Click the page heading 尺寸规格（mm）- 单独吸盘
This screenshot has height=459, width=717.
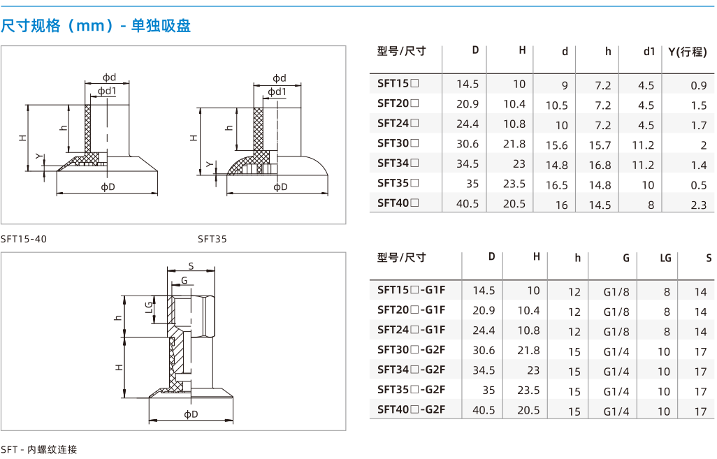click(96, 26)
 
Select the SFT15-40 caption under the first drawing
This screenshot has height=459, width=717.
click(24, 239)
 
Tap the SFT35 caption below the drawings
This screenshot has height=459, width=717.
click(212, 239)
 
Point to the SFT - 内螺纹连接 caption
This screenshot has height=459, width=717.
click(39, 450)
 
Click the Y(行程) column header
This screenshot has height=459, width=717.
click(687, 52)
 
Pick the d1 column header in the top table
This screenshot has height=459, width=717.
click(649, 52)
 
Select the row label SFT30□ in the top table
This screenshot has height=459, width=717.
click(398, 143)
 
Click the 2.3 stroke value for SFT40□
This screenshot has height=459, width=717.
click(698, 205)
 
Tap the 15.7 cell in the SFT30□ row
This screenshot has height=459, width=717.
click(600, 145)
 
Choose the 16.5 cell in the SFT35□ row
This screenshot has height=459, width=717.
click(556, 185)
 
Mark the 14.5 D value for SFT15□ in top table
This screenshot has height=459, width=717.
click(468, 84)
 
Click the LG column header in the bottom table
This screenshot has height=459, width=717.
click(665, 258)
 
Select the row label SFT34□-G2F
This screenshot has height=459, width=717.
click(411, 370)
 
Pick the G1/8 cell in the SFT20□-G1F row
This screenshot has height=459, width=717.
click(616, 312)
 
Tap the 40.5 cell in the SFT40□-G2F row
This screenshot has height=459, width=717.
click(484, 410)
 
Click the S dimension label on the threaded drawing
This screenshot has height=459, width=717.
click(191, 266)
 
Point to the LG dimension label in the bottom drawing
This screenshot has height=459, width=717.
click(149, 307)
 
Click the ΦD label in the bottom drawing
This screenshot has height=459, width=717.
click(191, 414)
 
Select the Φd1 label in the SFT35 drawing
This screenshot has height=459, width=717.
click(277, 92)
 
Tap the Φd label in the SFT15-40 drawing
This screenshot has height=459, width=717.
click(109, 78)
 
